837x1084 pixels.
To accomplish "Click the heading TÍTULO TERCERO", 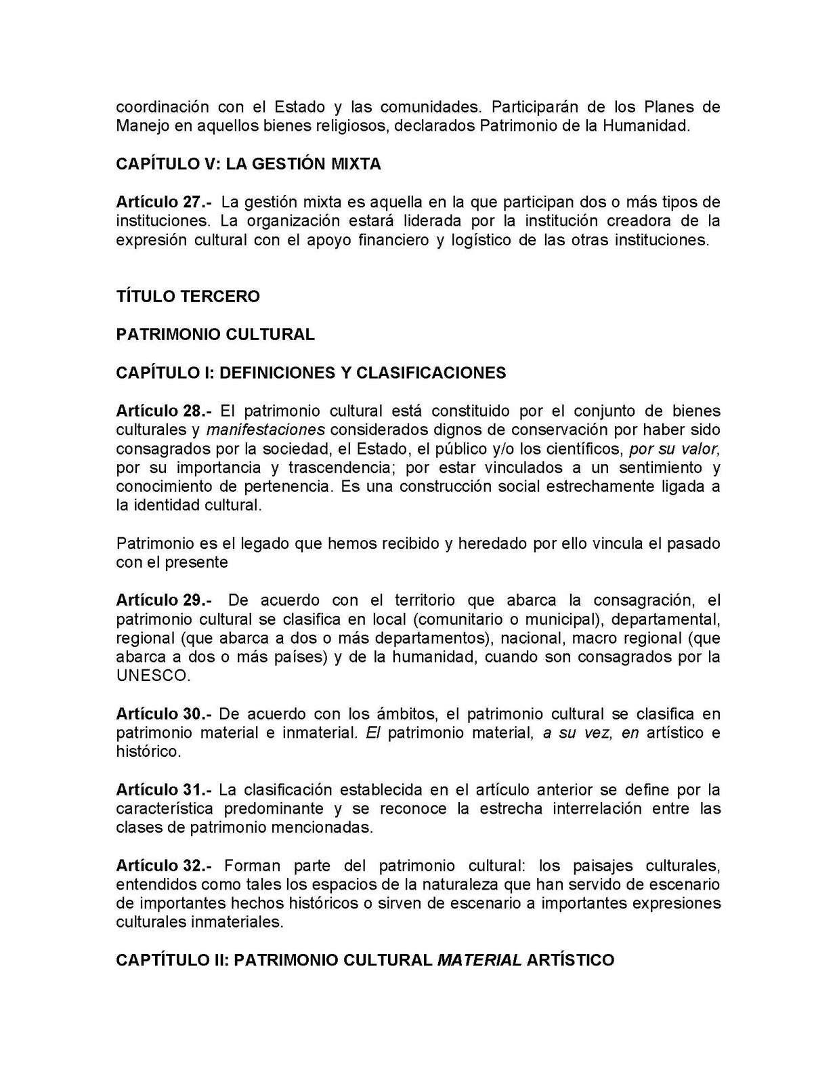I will (x=188, y=297).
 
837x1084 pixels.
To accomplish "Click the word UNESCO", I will (x=153, y=676).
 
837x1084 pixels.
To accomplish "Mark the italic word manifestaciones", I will (x=265, y=430).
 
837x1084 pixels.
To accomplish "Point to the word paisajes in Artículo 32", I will (x=597, y=866).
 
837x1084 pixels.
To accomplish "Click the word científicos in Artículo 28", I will (x=588, y=449).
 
